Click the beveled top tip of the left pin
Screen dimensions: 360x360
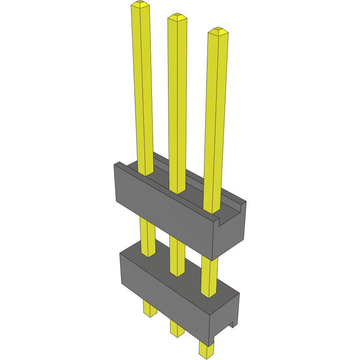(x=140, y=5)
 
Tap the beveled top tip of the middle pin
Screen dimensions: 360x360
(x=177, y=17)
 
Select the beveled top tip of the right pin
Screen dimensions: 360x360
(x=218, y=31)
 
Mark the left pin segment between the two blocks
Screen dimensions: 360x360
(x=147, y=237)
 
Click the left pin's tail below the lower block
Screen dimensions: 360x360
(x=150, y=309)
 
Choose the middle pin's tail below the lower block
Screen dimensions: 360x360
(x=177, y=328)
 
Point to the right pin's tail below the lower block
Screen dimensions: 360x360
(x=206, y=349)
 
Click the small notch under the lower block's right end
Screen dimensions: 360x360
(x=232, y=324)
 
